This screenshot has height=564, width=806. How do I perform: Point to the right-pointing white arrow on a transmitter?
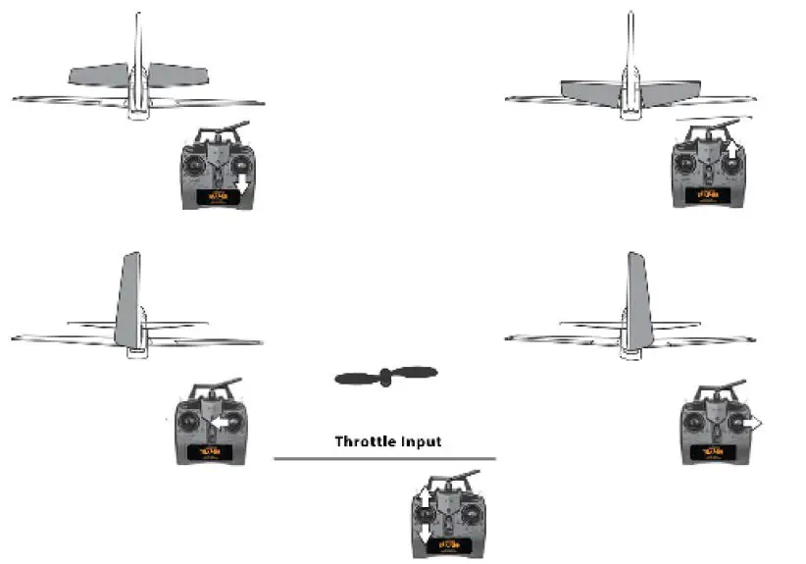pos(750,422)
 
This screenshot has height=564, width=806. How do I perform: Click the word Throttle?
pos(366,441)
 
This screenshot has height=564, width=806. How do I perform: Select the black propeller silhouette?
pos(385,376)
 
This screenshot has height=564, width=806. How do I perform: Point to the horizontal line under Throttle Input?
pos(384,458)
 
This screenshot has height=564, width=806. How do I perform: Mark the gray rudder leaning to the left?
pos(128,299)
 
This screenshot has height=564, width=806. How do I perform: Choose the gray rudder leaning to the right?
pos(637,299)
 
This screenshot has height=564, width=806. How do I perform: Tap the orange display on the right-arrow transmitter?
pos(714,451)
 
